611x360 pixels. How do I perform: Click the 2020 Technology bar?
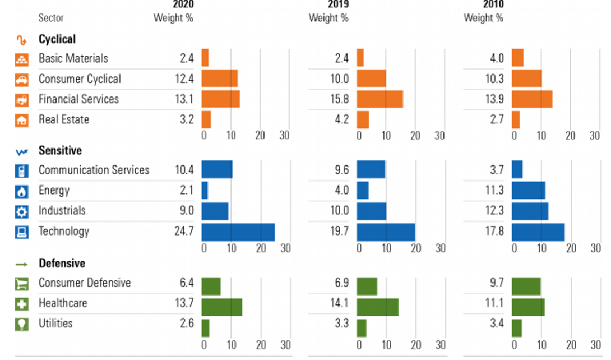click(238, 232)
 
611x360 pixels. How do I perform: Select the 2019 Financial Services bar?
click(379, 99)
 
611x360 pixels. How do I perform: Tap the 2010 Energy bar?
click(528, 191)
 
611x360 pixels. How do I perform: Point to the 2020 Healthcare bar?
click(221, 307)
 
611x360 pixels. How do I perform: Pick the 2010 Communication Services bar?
click(517, 170)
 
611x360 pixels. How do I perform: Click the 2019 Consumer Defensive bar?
click(367, 287)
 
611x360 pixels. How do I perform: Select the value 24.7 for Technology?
click(183, 231)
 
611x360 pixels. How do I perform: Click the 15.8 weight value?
click(339, 99)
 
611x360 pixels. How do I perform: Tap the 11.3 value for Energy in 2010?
click(494, 191)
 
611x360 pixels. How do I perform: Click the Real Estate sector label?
click(63, 119)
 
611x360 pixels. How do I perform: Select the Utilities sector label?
click(55, 324)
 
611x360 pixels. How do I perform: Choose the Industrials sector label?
click(62, 211)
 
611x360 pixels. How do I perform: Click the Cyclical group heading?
click(57, 39)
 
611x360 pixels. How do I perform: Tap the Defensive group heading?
click(62, 264)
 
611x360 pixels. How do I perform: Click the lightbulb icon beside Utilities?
click(21, 325)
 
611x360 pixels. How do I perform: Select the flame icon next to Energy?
click(21, 192)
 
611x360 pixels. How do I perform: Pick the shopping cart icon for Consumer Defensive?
click(21, 284)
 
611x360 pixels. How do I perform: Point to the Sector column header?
click(51, 18)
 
